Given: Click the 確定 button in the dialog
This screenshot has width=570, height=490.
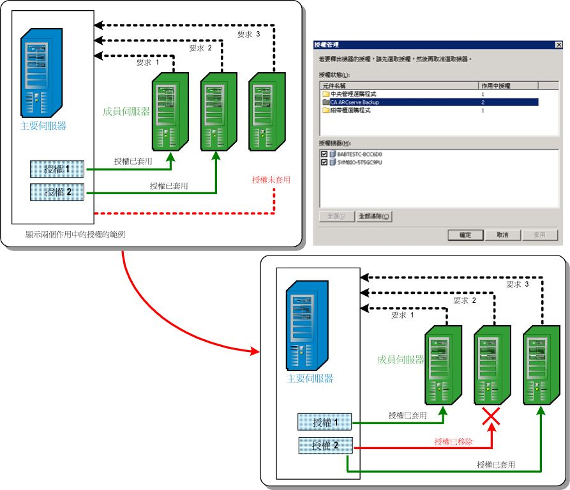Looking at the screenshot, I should tap(465, 235).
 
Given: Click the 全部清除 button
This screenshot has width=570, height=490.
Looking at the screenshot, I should tap(374, 217).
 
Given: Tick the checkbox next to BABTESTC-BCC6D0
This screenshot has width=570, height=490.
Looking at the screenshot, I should tap(324, 155).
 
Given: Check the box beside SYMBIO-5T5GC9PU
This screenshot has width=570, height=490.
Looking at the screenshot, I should tap(324, 162).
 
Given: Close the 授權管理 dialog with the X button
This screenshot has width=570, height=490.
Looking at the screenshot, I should tap(559, 45).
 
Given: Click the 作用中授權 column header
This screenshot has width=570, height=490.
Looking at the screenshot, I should tap(507, 85).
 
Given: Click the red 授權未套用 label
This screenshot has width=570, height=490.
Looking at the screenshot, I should tap(271, 180).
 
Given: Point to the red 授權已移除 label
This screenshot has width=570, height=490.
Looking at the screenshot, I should tap(453, 441).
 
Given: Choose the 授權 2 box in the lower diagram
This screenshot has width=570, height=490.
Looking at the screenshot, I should tap(325, 445).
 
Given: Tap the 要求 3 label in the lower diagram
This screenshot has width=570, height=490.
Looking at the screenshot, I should tap(518, 285).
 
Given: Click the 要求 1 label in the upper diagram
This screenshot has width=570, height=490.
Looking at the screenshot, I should tap(147, 63).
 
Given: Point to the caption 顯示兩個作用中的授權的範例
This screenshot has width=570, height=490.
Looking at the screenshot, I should tap(75, 234).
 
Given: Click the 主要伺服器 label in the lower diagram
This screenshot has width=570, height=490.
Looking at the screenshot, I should tap(310, 378).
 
